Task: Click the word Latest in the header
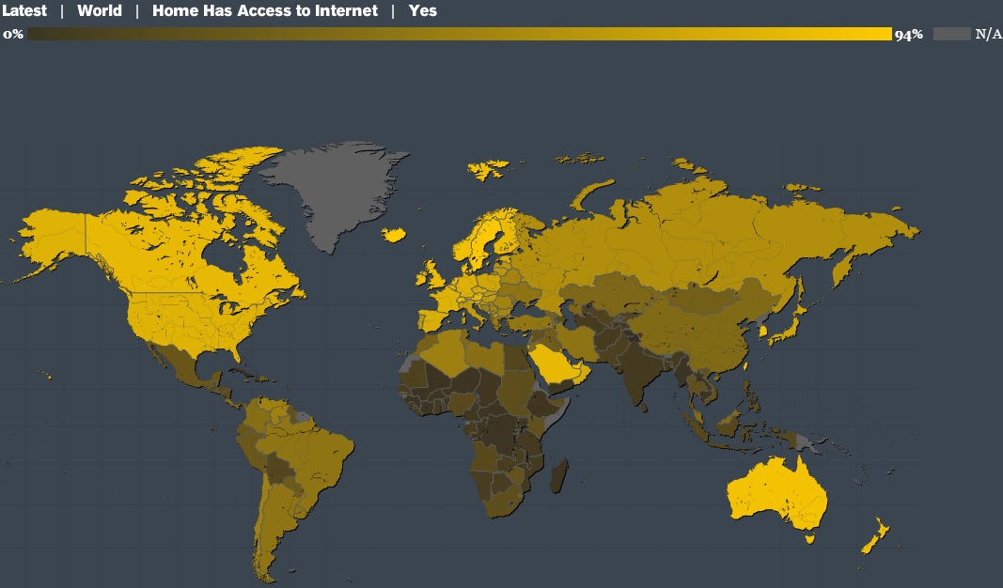24,11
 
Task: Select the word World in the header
100,11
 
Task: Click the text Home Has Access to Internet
265,11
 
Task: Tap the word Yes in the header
423,11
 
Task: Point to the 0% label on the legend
13,34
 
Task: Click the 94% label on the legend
909,35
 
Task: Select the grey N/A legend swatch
951,34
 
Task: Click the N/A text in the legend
988,35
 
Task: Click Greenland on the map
338,188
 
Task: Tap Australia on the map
776,493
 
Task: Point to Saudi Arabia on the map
560,363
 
